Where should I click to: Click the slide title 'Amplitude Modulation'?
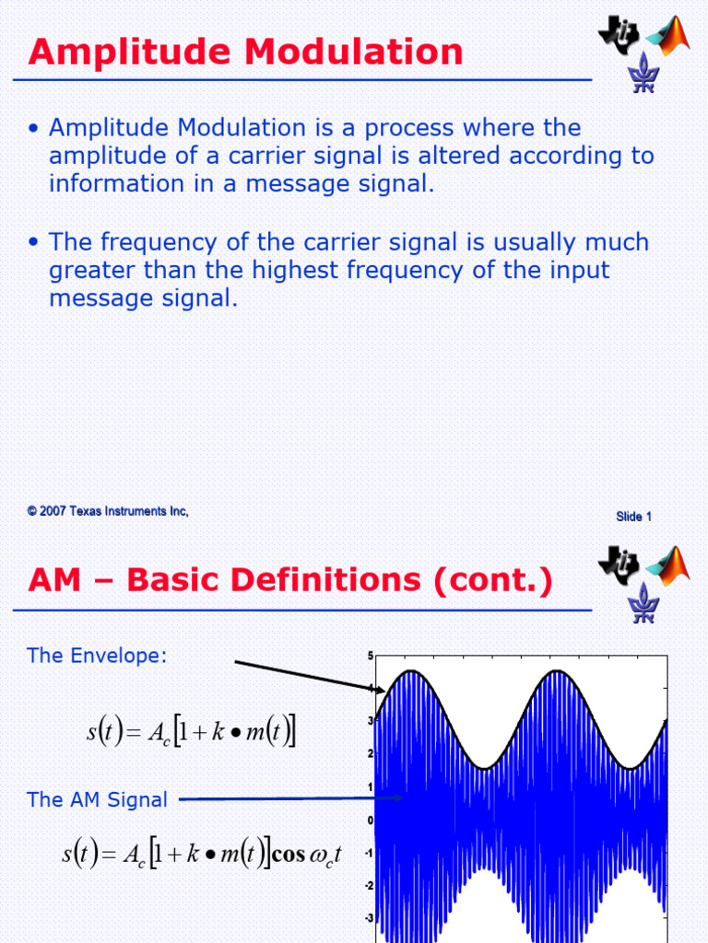(245, 52)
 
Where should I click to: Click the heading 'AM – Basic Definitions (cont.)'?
(290, 581)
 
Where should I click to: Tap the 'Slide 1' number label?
(633, 517)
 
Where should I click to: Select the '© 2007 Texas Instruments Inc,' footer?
(108, 511)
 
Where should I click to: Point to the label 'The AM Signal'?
(98, 799)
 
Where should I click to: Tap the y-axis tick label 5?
(371, 656)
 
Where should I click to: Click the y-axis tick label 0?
(371, 820)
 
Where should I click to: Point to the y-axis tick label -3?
(369, 918)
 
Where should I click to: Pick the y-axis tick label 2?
(371, 754)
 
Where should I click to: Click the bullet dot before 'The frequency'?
(34, 243)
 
